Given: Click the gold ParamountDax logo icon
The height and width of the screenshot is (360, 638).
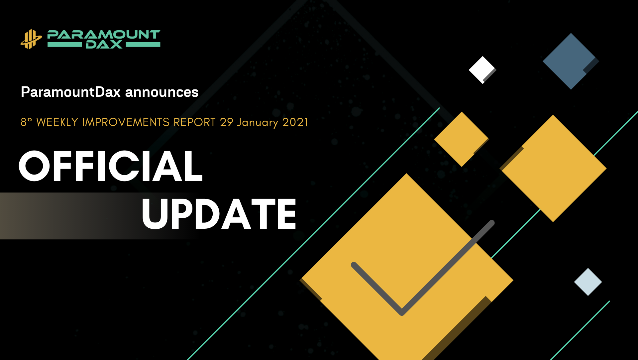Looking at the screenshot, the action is click(31, 39).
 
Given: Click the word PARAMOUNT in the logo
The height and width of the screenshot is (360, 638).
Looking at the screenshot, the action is click(104, 35).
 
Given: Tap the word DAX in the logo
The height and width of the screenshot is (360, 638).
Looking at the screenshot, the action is click(104, 45).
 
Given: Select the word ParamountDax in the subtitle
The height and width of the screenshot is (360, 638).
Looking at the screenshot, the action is click(70, 92).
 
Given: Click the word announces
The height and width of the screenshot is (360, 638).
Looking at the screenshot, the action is click(162, 92).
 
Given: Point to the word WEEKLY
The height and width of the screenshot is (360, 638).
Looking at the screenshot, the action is click(57, 122).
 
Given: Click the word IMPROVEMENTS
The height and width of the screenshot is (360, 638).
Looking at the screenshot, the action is click(126, 122).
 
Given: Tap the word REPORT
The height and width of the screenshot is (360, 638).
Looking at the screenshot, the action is click(195, 122).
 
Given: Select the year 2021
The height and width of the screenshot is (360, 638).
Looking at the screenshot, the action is click(295, 122).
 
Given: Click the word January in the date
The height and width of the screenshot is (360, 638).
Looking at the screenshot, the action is click(258, 123).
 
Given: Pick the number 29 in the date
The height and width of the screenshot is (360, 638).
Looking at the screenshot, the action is click(226, 122).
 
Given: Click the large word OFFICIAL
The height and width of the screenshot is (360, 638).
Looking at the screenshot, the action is click(111, 166).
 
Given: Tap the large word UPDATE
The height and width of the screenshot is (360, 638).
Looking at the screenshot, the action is click(219, 214).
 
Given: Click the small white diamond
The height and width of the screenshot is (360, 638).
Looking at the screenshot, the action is click(482, 70).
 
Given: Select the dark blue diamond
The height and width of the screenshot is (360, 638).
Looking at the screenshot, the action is click(571, 61).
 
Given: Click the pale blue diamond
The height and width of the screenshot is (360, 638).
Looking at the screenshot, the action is click(588, 282).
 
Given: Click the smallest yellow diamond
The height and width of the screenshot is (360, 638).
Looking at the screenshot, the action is click(462, 139).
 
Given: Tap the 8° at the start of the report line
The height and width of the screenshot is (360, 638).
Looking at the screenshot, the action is click(26, 122).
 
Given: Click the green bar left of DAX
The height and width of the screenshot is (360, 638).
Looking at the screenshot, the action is click(64, 45).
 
